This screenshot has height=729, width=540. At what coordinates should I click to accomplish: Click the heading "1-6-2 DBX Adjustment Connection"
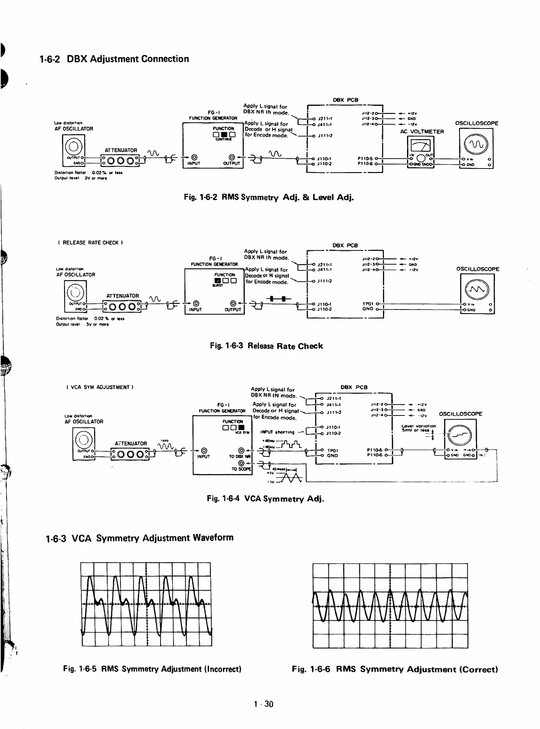pos(114,59)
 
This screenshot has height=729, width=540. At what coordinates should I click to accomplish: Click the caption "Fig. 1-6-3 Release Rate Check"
pos(266,346)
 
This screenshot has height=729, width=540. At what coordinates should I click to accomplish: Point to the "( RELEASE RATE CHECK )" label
pos(90,243)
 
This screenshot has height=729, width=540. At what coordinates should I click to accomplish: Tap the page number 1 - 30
pos(263,704)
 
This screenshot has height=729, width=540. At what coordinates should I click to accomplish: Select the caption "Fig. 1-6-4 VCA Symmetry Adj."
pos(266,499)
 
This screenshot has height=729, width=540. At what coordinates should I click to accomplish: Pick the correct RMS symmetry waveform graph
pos(390,605)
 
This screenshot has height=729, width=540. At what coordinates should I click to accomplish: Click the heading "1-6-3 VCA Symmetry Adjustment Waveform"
pos(140,538)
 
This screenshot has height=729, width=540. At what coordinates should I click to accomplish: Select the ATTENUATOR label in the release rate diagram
pos(123,296)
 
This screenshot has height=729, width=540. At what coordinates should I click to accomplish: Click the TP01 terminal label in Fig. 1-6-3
pos(368,304)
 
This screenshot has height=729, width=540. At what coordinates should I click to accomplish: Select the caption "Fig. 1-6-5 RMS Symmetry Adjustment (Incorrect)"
pos(152,669)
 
